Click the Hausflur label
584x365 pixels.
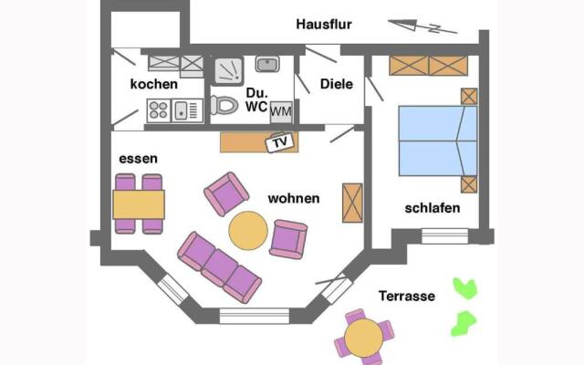[324, 25]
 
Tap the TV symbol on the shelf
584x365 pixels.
[276, 142]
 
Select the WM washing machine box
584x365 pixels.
[280, 109]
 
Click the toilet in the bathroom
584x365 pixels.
[224, 105]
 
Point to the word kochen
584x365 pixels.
[154, 84]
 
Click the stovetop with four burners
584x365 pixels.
[159, 110]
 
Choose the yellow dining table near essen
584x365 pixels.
[139, 203]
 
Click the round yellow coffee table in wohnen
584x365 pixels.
[247, 230]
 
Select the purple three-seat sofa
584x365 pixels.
[220, 266]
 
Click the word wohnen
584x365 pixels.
[293, 198]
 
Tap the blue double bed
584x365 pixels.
[437, 141]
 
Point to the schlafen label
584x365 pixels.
[432, 208]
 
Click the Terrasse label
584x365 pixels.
[408, 296]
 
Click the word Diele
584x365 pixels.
[337, 84]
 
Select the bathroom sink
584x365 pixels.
[266, 64]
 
